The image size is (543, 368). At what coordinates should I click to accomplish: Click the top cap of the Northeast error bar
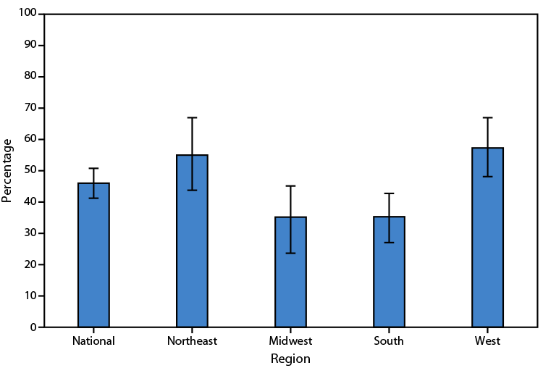coord(192,117)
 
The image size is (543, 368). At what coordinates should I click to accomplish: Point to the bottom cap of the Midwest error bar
coord(290,253)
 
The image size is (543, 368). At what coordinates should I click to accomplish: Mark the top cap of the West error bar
coord(487,117)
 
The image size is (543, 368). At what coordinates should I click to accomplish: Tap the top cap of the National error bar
coord(93,168)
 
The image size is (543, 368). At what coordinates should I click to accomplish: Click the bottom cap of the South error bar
coord(389,242)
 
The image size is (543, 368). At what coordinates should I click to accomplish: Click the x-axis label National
coord(93,340)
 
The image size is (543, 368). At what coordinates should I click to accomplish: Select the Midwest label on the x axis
coord(290,340)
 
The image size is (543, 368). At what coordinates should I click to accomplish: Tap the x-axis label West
coord(487,340)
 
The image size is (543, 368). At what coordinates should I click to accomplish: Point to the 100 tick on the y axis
coord(29,14)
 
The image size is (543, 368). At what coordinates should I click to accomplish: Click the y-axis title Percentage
coord(7,170)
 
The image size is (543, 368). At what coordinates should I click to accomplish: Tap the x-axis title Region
coord(290,359)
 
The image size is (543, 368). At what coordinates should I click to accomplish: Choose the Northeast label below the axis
coord(192,340)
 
